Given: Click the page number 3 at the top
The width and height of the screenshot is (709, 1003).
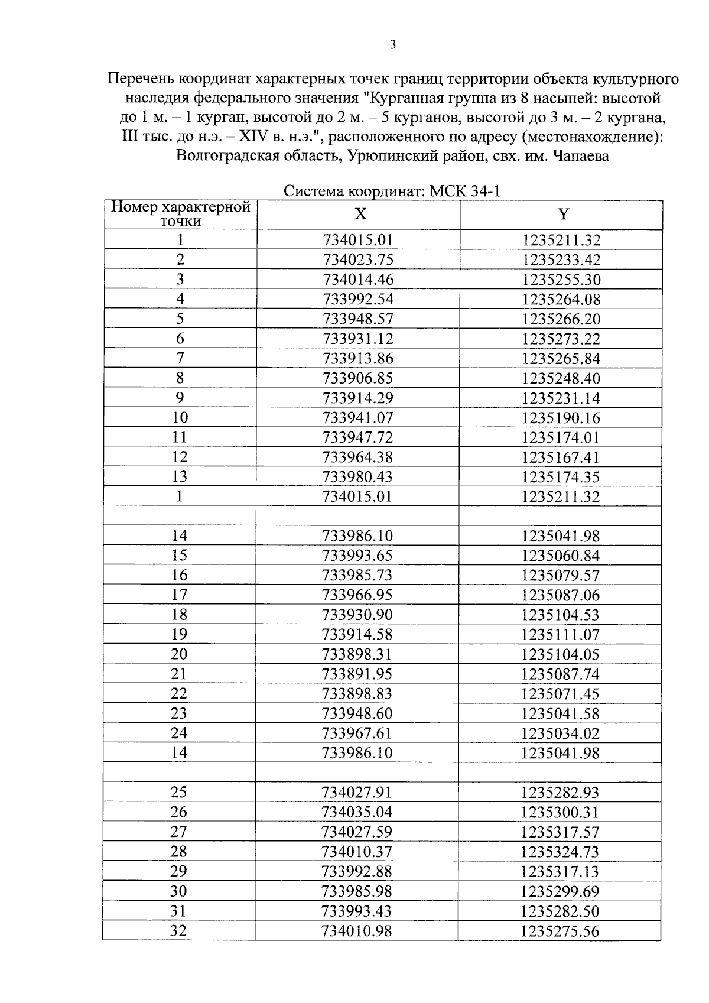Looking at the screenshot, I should click(393, 45).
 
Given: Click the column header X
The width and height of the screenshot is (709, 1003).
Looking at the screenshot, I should click(360, 214).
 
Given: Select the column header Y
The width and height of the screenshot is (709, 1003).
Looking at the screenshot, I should click(563, 214).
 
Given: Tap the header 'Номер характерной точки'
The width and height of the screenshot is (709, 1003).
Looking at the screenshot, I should click(181, 214).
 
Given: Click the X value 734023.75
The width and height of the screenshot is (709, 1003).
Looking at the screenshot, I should click(358, 260).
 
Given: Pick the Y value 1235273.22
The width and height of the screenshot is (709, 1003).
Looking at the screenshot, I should click(561, 339).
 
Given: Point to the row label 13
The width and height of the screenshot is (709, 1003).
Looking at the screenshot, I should click(180, 476).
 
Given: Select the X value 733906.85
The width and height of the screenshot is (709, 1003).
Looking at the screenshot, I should click(358, 378).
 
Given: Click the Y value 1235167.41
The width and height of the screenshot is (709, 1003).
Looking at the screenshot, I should click(561, 457).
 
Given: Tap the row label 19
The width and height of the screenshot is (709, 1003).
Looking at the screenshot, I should click(179, 634).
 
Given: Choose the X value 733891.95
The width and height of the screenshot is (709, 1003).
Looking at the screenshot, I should click(357, 674).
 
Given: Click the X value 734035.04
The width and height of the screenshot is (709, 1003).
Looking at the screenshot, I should click(357, 812).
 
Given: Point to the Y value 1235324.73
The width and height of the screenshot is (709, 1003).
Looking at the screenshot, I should click(560, 852).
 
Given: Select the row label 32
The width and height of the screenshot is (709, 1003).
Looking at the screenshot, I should click(178, 931).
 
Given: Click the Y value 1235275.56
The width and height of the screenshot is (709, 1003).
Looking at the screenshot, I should click(560, 931).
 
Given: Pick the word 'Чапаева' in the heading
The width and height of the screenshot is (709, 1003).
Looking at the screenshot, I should click(581, 157).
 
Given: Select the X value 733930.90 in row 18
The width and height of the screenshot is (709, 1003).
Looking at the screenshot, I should click(357, 615).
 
